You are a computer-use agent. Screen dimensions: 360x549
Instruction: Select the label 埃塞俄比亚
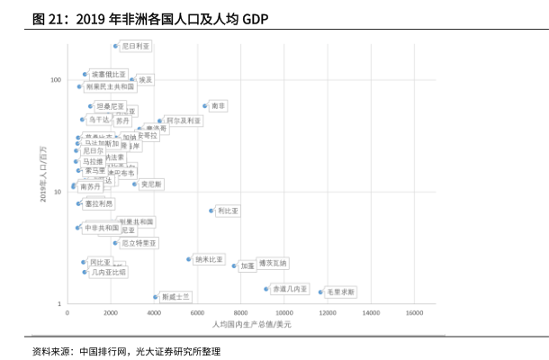pyautogui.click(x=110, y=74)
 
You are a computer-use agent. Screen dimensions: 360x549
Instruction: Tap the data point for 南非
pyautogui.click(x=205, y=106)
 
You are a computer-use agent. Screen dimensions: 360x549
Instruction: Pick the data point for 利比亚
pyautogui.click(x=212, y=211)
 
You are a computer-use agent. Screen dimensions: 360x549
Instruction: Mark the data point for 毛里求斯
pyautogui.click(x=320, y=292)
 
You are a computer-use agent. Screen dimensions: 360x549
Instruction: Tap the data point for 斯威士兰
pyautogui.click(x=156, y=296)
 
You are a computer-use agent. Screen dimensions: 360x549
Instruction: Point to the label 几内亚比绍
pyautogui.click(x=109, y=271)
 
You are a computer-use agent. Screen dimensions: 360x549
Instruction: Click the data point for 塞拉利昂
pyautogui.click(x=79, y=203)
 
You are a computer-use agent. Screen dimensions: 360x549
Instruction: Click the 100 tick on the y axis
pyautogui.click(x=55, y=80)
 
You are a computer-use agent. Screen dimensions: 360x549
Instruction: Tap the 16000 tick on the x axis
pyautogui.click(x=414, y=313)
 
